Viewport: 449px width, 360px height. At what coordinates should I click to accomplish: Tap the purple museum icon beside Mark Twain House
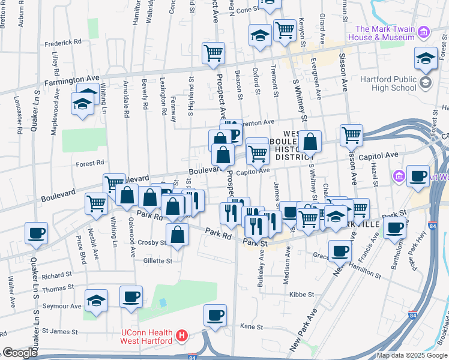[424, 31]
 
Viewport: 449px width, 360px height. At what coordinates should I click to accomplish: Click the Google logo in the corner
[19, 353]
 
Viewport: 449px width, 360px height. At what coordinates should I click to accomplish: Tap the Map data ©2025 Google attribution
[411, 355]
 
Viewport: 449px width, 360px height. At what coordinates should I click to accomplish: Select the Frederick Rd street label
[62, 43]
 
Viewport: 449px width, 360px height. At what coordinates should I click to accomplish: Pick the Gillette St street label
[157, 261]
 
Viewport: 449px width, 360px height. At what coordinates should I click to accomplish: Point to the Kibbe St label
[302, 295]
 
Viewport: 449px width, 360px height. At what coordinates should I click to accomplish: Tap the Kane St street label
[252, 327]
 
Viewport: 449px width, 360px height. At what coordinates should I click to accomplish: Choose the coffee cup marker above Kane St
[215, 316]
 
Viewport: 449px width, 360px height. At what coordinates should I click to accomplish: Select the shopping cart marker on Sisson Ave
[351, 135]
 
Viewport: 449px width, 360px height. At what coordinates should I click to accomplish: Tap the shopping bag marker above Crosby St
[178, 235]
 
